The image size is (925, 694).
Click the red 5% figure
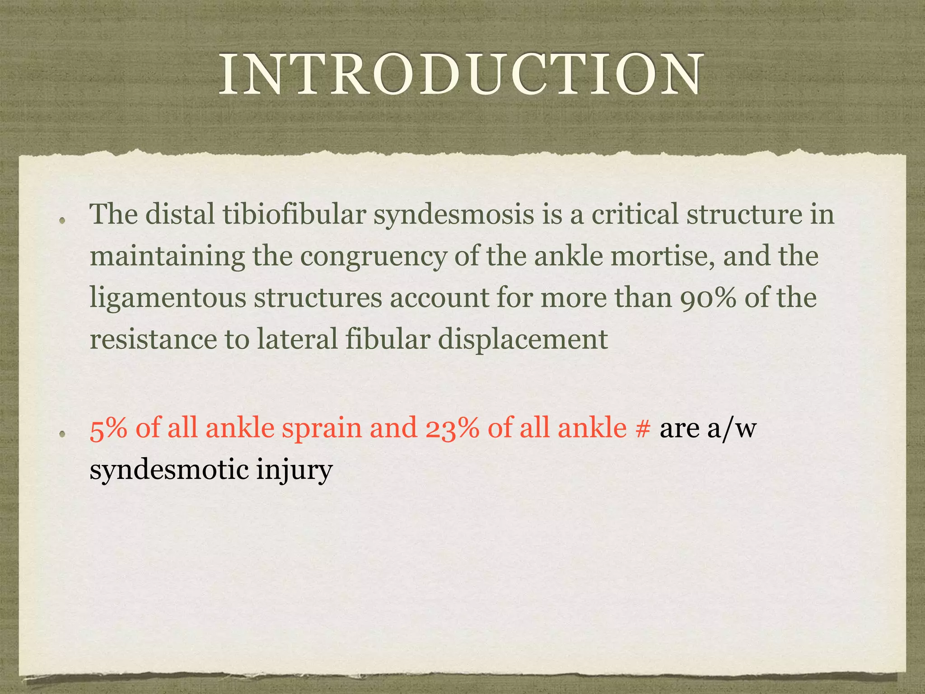[x=108, y=428]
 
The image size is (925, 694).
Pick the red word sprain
[x=322, y=429]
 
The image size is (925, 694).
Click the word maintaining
[x=167, y=257]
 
